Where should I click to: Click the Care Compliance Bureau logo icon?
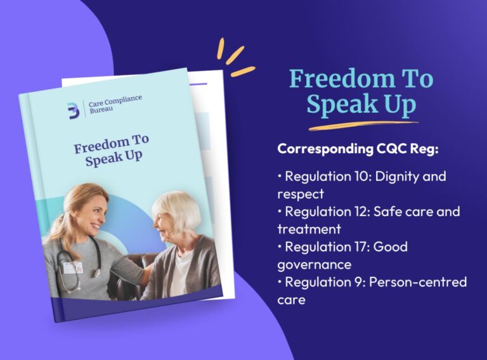[74, 110]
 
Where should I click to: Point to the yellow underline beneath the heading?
[363, 125]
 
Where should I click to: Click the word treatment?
[309, 229]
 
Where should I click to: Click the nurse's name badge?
[74, 267]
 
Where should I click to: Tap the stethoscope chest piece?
[97, 273]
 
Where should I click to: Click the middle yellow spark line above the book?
[235, 55]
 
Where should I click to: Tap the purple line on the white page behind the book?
[198, 84]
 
